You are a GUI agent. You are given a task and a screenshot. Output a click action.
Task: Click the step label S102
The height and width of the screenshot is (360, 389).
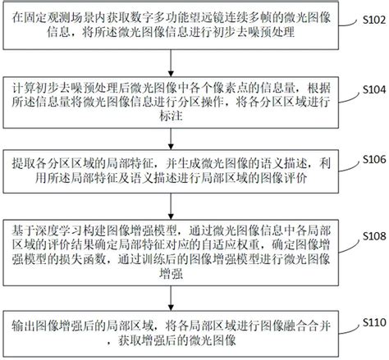pyautogui.click(x=374, y=20)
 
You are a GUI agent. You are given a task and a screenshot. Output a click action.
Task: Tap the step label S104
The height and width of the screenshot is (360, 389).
pyautogui.click(x=374, y=89)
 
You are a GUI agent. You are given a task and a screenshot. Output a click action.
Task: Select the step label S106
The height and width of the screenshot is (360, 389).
pyautogui.click(x=374, y=159)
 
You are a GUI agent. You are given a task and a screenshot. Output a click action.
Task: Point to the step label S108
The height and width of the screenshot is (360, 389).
pyautogui.click(x=374, y=236)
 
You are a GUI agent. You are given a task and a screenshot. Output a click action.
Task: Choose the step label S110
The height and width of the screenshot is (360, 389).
pyautogui.click(x=374, y=322)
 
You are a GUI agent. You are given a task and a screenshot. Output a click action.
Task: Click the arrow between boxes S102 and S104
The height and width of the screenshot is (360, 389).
pyautogui.click(x=171, y=63)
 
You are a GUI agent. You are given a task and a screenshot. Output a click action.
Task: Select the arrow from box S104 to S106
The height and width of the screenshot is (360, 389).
pyautogui.click(x=171, y=139)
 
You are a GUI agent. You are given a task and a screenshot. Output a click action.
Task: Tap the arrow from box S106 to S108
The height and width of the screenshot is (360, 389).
pyautogui.click(x=171, y=207)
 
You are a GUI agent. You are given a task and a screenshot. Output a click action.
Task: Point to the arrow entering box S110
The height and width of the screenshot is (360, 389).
pyautogui.click(x=171, y=298)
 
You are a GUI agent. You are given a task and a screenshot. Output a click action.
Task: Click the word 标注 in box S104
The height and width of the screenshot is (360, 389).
pyautogui.click(x=171, y=116)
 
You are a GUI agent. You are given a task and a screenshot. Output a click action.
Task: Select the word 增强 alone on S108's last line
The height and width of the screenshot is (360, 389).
pyautogui.click(x=171, y=274)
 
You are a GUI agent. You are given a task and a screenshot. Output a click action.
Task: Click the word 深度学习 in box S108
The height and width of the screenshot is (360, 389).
pyautogui.click(x=58, y=230)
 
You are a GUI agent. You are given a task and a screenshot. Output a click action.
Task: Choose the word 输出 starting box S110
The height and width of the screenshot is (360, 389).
pyautogui.click(x=23, y=326)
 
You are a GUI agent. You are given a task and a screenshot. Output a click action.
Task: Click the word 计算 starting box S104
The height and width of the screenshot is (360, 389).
pyautogui.click(x=23, y=88)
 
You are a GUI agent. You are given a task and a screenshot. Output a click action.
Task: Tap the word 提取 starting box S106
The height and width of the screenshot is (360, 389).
pyautogui.click(x=23, y=164)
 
